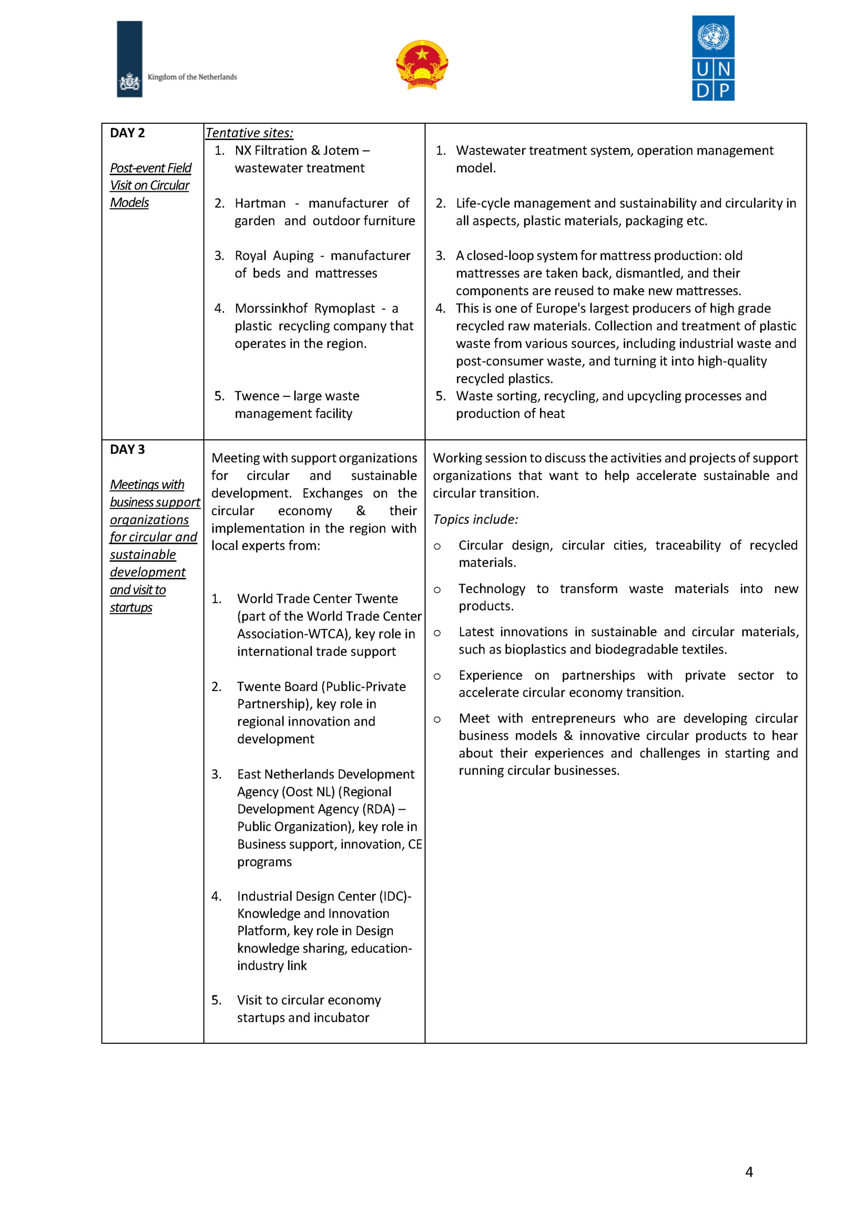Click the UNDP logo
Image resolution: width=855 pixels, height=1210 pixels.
[x=713, y=58]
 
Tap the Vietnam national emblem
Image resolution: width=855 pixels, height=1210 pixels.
[x=421, y=65]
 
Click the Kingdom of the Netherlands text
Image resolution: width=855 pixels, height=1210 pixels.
[x=192, y=77]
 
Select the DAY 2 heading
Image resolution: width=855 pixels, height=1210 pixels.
[x=127, y=133]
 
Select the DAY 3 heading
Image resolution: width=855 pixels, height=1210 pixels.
[x=127, y=449]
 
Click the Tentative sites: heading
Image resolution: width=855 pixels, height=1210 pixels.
[x=249, y=133]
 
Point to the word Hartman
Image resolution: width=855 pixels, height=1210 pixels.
[x=260, y=203]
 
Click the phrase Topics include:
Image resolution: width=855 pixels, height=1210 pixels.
[x=475, y=519]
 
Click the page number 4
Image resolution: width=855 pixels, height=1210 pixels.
[x=749, y=1172]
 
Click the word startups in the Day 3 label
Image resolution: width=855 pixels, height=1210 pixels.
[x=131, y=608]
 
